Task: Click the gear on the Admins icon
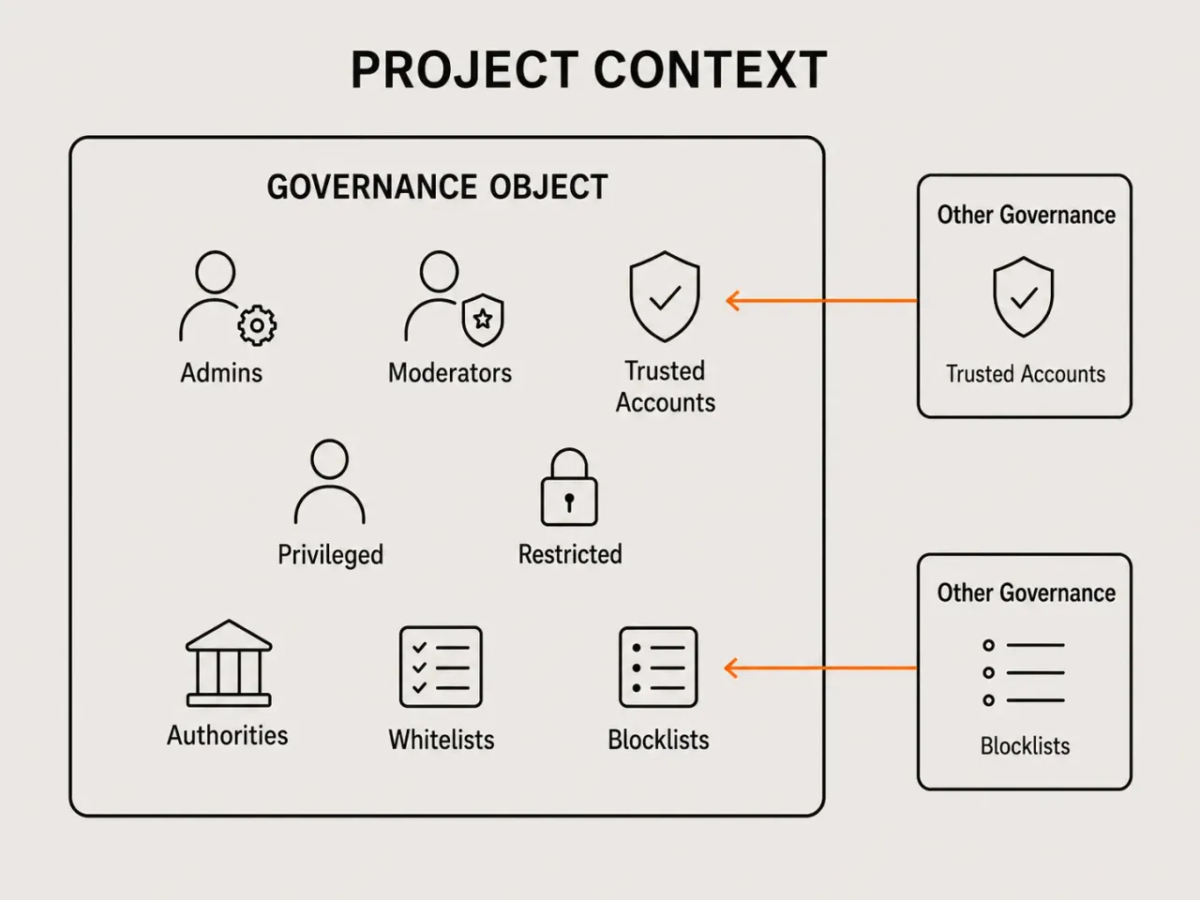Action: [257, 325]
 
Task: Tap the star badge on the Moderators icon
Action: [483, 320]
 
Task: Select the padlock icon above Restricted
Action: [569, 487]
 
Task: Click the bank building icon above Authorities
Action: [229, 663]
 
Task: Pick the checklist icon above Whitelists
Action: [441, 667]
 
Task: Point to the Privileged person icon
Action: [330, 482]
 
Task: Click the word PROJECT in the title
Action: [465, 70]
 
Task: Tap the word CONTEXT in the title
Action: [711, 70]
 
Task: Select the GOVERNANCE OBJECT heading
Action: [438, 187]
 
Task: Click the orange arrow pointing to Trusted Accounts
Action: [821, 300]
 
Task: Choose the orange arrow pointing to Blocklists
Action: [820, 667]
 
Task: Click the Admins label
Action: [221, 373]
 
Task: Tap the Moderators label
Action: [450, 373]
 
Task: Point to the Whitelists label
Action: [442, 740]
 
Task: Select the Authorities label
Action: [228, 736]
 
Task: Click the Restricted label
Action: [570, 554]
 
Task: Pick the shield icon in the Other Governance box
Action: [1024, 297]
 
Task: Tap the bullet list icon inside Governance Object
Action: [658, 667]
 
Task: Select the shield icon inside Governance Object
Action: [665, 297]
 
